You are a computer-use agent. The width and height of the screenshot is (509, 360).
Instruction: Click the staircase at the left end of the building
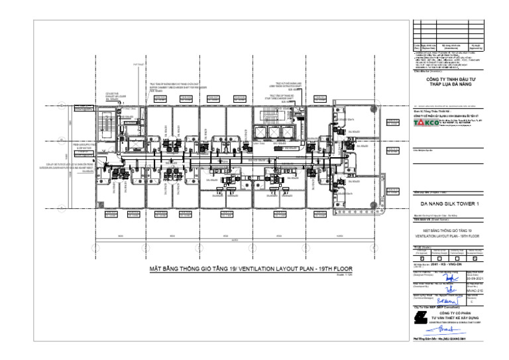click(104, 123)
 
